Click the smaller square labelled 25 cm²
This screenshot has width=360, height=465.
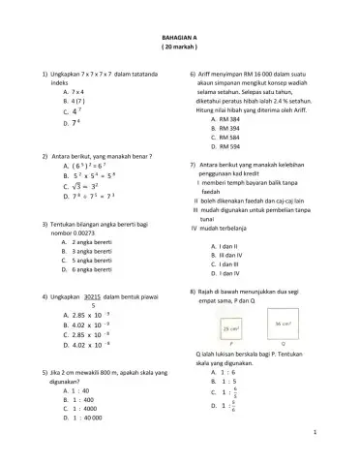[232, 329]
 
